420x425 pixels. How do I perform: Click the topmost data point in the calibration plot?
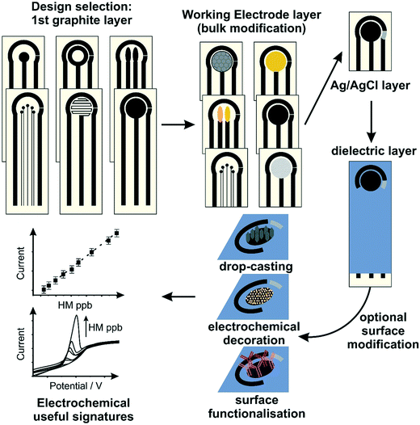(x=117, y=233)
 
